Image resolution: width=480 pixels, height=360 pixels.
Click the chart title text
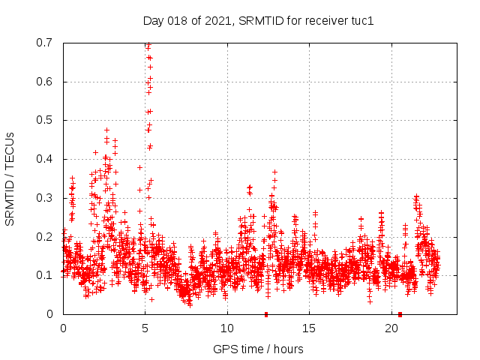click(x=258, y=20)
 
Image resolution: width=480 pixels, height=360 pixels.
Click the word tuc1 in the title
click(x=361, y=20)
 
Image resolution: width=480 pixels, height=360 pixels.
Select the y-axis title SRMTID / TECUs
click(x=10, y=178)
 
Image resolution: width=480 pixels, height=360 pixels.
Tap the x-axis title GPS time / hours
click(x=258, y=349)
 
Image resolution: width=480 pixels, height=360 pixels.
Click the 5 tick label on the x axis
click(x=145, y=328)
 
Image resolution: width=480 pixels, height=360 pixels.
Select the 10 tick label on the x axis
click(x=227, y=328)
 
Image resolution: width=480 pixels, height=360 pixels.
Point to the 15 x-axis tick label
click(x=309, y=328)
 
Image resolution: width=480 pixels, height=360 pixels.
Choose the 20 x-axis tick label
click(x=391, y=328)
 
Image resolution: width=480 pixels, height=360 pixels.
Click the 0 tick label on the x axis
click(x=63, y=328)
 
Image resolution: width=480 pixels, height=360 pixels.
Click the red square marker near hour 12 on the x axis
click(x=266, y=314)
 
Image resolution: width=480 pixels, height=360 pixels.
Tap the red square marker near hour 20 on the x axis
click(x=400, y=314)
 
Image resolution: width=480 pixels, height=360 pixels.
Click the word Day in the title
click(x=153, y=20)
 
